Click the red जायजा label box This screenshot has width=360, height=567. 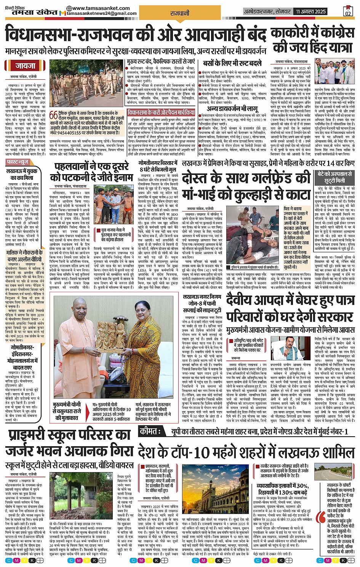[26, 66]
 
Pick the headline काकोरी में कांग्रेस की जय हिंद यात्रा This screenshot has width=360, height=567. [312, 40]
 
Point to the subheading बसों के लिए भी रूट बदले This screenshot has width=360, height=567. [232, 63]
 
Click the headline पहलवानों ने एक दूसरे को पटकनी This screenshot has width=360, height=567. [91, 172]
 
